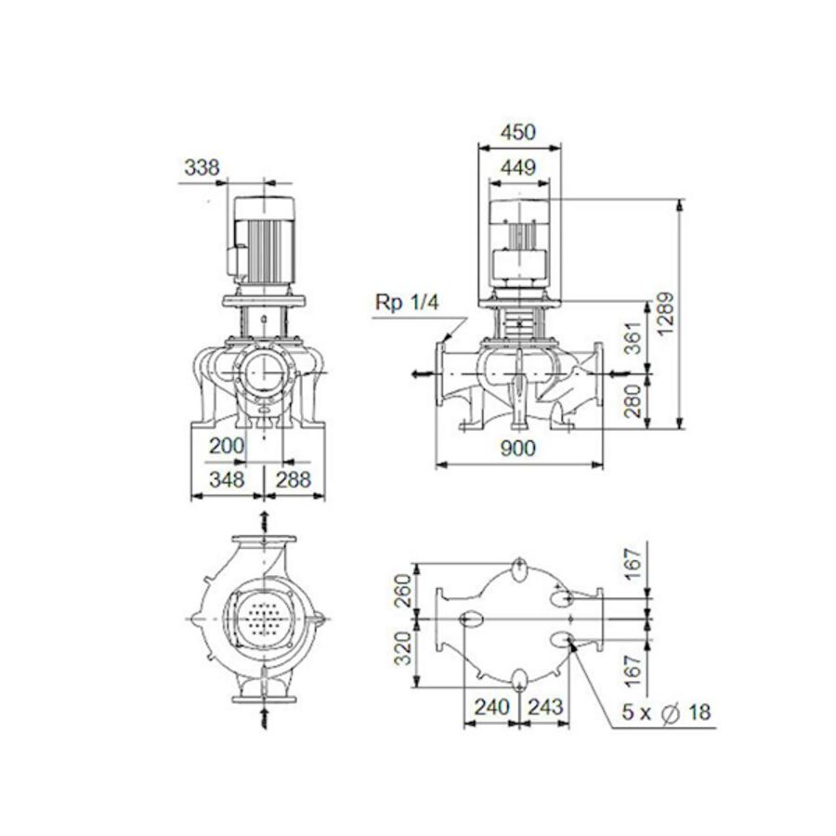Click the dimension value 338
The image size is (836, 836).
[x=202, y=168]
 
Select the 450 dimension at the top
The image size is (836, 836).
[x=518, y=133]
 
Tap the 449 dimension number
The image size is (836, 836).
[x=518, y=168]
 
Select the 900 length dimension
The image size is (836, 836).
[x=518, y=449]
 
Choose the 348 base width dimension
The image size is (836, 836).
[x=226, y=479]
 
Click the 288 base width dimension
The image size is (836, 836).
[x=294, y=479]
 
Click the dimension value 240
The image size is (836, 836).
[x=491, y=707]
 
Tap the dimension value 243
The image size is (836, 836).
[x=547, y=707]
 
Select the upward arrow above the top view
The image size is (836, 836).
[x=265, y=517]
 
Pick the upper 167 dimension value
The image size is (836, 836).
[x=633, y=562]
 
